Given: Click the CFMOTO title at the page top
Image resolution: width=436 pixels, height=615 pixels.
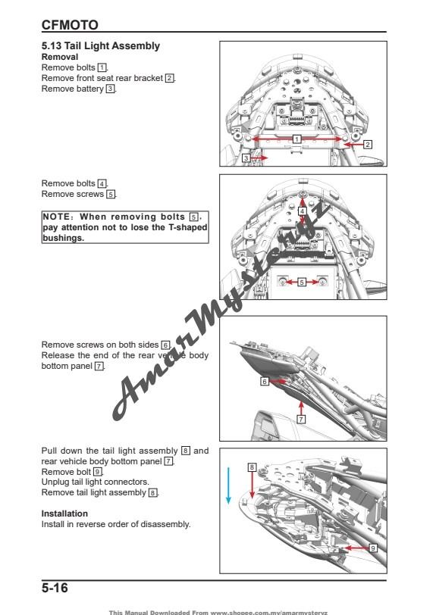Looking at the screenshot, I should click(x=70, y=25).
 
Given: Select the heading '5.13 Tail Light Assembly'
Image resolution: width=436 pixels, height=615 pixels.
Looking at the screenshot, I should click(x=100, y=46).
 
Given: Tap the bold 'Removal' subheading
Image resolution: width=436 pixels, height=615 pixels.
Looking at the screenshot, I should click(x=59, y=57).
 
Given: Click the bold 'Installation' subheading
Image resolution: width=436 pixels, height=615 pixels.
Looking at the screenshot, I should click(x=64, y=514).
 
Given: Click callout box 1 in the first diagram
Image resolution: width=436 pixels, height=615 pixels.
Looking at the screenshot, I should click(x=296, y=139).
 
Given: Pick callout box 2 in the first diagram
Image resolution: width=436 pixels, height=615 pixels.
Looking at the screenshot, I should click(x=367, y=144).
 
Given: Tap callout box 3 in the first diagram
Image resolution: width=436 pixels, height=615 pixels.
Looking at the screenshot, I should click(x=246, y=158).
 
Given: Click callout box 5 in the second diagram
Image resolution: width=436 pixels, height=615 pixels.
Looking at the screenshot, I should click(x=301, y=282).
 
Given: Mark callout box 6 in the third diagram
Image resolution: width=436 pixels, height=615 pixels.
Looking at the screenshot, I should click(x=264, y=382).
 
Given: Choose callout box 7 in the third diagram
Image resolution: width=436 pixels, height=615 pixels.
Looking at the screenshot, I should click(x=300, y=418).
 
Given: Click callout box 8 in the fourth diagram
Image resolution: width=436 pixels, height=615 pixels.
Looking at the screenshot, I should click(x=251, y=467).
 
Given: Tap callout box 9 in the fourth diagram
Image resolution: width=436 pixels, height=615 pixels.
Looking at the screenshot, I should click(x=372, y=547).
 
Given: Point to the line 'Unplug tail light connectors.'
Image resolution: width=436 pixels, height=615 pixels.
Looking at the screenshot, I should click(x=95, y=482).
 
